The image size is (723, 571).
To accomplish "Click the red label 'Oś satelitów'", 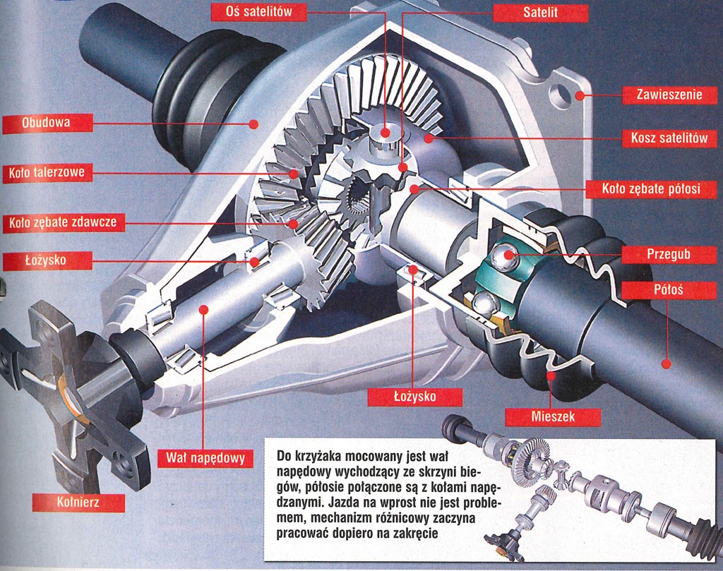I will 250,11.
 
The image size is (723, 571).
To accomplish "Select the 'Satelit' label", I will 540,13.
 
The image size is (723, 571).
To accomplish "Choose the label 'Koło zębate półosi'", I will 651,189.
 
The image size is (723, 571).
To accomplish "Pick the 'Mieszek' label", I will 553,416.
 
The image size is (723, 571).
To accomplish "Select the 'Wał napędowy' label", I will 205,458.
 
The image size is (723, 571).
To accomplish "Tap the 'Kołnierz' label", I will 78,502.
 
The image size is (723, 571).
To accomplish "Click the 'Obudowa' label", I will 46,124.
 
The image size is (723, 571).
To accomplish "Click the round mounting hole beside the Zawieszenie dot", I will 560,95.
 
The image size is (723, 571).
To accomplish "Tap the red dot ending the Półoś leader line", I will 664,364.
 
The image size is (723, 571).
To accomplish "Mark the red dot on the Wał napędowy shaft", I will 203,308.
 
